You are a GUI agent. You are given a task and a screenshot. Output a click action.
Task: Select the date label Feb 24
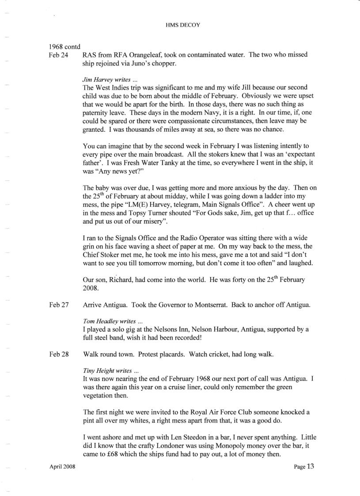coord(58,55)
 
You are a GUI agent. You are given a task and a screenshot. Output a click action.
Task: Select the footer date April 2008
coord(62,467)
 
